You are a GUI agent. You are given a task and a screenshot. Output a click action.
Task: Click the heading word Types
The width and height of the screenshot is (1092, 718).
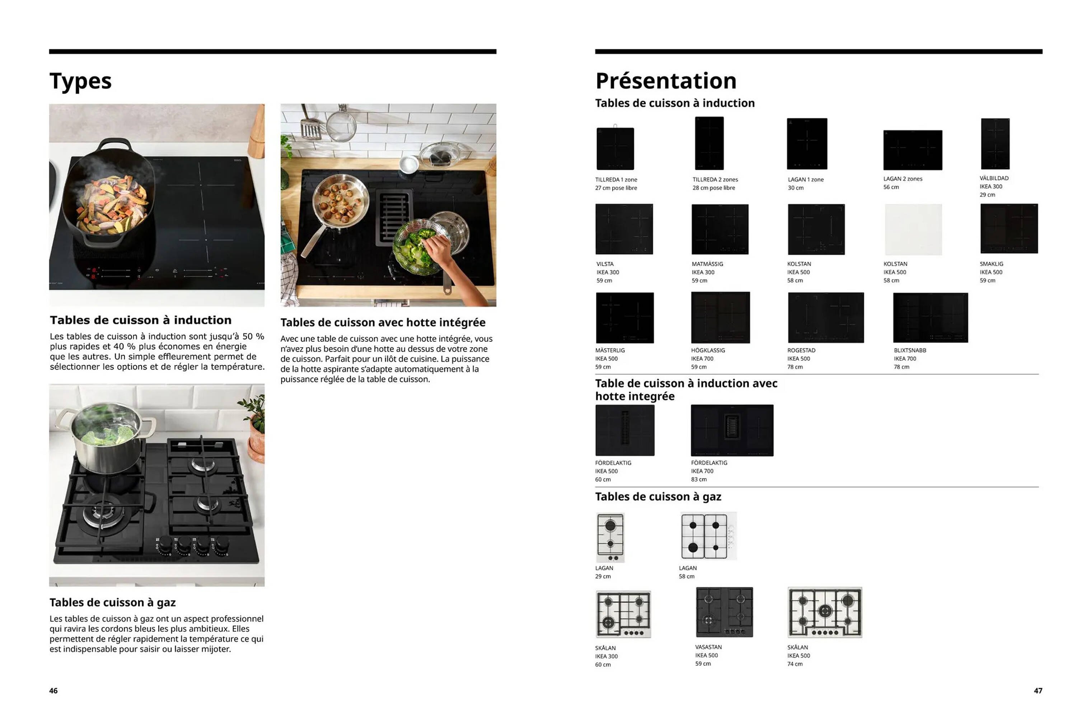(80, 81)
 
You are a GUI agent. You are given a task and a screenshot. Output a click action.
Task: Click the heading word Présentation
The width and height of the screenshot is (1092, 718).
(666, 81)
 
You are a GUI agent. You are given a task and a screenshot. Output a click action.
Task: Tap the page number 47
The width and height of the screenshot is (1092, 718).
(1038, 690)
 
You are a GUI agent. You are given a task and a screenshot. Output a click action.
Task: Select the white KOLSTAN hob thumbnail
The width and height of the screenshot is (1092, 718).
(913, 229)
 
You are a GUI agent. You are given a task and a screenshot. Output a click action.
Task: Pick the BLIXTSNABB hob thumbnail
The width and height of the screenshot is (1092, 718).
(930, 318)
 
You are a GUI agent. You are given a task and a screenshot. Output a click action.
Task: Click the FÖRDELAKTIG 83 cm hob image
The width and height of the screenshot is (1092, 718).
(732, 430)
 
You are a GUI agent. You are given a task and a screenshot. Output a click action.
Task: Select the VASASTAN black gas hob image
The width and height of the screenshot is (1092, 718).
(724, 612)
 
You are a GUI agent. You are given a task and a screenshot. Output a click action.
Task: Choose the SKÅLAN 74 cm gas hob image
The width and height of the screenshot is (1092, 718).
(825, 612)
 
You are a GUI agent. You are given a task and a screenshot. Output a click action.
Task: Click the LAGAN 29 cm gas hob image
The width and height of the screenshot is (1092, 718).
(610, 537)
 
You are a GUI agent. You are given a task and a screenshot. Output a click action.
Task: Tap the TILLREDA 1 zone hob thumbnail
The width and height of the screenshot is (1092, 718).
(615, 149)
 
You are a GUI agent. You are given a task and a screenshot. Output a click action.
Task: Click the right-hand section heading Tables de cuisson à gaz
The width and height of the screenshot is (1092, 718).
(658, 497)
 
